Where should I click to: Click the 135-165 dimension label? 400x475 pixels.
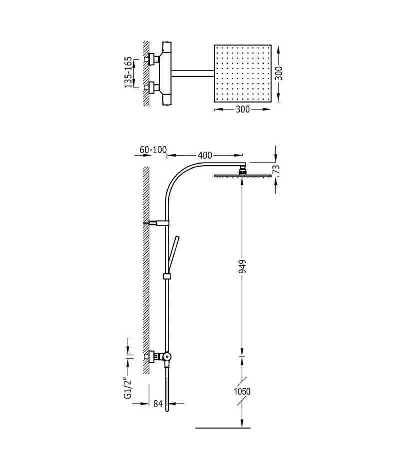coord(128,72)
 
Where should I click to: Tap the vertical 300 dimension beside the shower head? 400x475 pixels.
coord(279,73)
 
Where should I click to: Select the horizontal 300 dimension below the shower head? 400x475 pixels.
coord(243,109)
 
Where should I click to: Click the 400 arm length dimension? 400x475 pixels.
coord(205,155)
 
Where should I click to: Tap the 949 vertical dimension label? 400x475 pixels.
coord(242,266)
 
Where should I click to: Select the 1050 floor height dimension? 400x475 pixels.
coord(242,391)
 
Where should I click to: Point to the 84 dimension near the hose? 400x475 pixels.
coord(158,404)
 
